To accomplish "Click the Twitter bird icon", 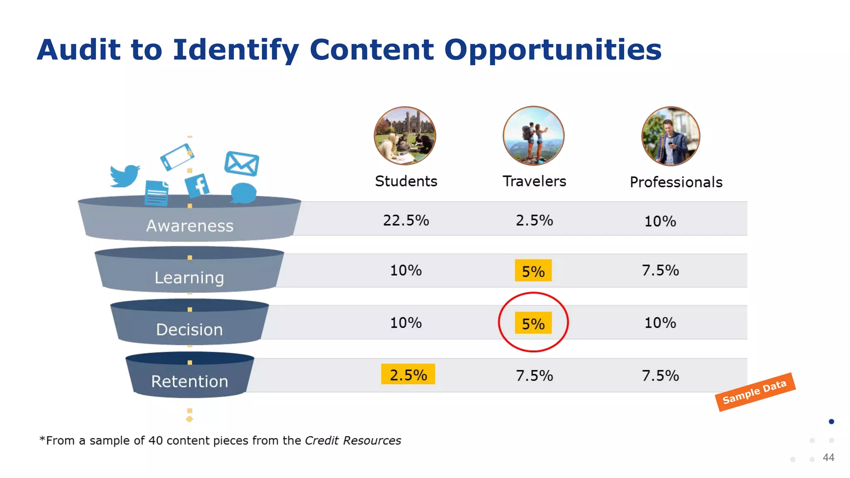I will click(x=124, y=176).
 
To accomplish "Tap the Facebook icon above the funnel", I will click(x=197, y=185).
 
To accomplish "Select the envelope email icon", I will click(x=242, y=163).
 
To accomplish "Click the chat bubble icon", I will click(x=243, y=193).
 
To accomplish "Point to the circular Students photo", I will click(x=405, y=136).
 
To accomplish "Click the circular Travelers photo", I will click(x=533, y=136).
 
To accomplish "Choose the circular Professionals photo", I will click(x=670, y=136).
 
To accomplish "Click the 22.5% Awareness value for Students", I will click(x=406, y=220).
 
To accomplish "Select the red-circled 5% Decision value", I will click(x=533, y=323).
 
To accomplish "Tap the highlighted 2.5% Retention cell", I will click(x=408, y=375).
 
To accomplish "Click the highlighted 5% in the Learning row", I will click(x=533, y=271).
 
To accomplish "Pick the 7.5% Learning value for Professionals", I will click(x=660, y=271).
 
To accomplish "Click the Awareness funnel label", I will click(x=190, y=226).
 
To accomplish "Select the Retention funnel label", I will click(x=190, y=381).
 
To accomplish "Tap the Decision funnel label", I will click(x=190, y=330).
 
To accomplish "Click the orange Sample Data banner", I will click(x=755, y=392).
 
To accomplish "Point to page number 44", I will click(x=828, y=458).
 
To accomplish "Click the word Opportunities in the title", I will click(x=553, y=50).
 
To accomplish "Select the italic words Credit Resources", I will click(x=353, y=441).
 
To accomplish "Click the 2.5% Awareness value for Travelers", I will click(x=534, y=220).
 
